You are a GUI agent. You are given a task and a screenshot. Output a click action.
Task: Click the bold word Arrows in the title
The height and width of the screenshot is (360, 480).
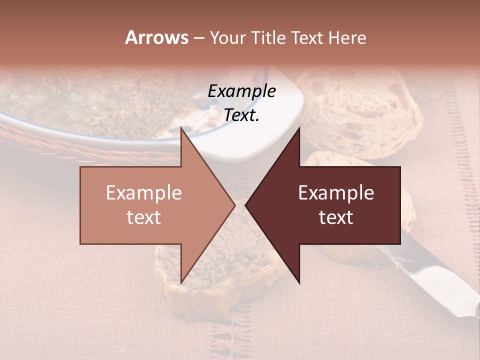point(157,37)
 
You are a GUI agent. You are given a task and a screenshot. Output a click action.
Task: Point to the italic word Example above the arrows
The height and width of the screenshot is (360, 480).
point(241,91)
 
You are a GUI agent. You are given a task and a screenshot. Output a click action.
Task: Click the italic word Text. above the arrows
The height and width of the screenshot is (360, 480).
point(241,115)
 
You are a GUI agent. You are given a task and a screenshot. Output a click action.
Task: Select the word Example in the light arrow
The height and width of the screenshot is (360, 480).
point(144,193)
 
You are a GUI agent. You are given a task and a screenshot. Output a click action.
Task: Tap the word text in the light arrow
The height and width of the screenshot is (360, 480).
point(144,217)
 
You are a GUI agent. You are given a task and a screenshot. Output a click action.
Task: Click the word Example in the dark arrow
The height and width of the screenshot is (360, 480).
point(336,193)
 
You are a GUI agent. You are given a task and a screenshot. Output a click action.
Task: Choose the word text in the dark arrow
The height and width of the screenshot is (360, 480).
point(336,217)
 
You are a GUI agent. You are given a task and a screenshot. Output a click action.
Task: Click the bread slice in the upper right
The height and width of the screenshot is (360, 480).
point(360,110)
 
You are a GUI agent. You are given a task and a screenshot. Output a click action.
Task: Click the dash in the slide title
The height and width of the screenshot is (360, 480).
point(198,38)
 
